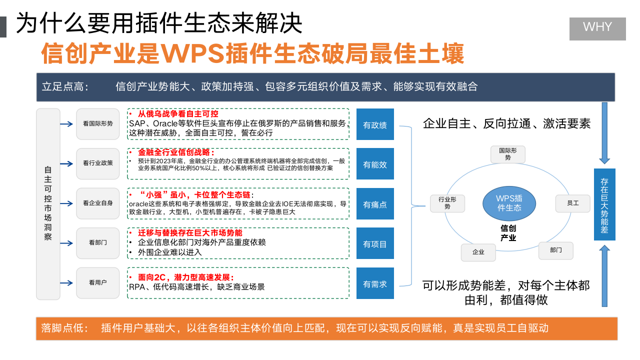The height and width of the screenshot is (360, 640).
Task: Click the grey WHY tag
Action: point(597,28)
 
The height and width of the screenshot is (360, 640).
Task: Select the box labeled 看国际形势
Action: point(98,123)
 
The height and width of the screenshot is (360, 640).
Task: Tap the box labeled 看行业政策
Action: point(98,163)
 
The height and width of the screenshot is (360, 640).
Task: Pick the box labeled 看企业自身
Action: point(98,203)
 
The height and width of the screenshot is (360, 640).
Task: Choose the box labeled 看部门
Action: point(98,243)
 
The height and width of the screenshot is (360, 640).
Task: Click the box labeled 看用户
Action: point(98,283)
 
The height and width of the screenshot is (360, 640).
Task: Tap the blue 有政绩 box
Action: point(375,124)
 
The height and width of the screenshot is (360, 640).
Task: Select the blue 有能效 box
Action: point(375,164)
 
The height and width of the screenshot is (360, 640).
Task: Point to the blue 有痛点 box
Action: point(375,204)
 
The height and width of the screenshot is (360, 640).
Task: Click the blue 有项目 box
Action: point(375,244)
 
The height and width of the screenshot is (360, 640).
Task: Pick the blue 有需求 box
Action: point(375,284)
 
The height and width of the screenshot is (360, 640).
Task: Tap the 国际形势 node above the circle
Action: point(508,154)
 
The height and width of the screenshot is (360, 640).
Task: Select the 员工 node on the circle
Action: point(572,203)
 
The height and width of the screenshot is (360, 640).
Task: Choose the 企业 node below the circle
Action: point(478,252)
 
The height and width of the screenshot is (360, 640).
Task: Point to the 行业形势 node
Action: point(447,203)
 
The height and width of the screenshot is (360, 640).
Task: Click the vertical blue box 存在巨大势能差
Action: point(604,204)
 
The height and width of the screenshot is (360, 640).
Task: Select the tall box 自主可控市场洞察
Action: point(48,204)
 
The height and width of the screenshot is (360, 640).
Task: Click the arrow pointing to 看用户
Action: point(66,283)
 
